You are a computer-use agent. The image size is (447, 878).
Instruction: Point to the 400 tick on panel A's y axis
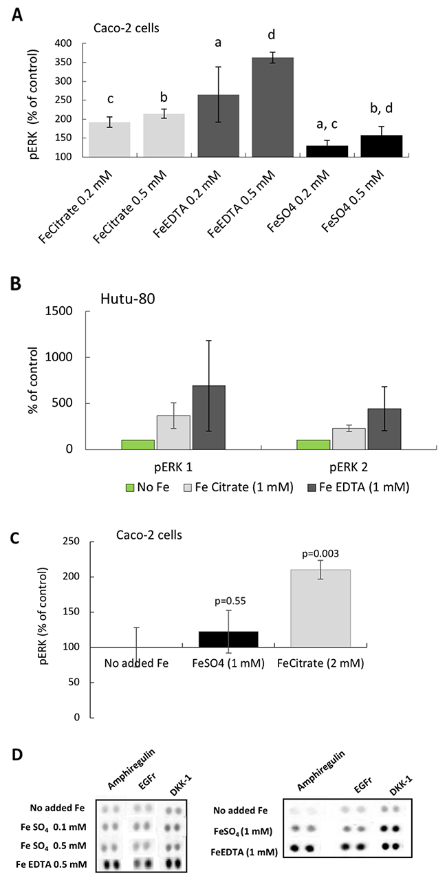pos(63,43)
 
